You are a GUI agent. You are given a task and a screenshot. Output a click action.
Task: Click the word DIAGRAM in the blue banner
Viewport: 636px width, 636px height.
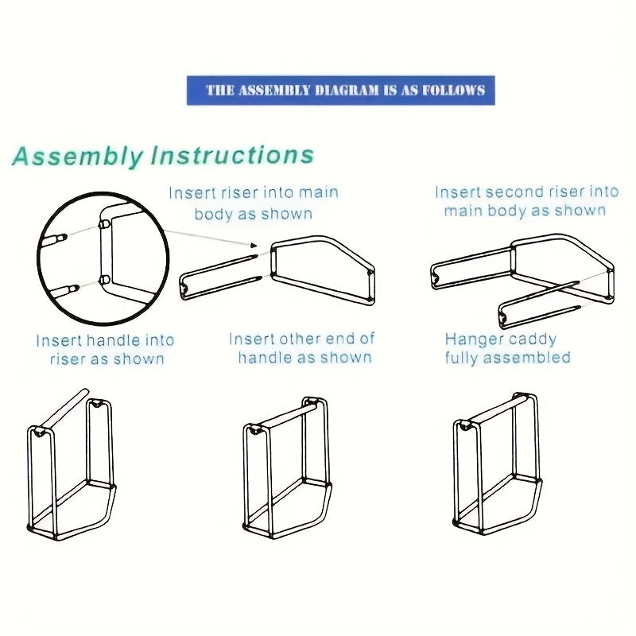click(339, 90)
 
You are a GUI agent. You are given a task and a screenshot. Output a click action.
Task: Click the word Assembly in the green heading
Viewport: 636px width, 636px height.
click(78, 156)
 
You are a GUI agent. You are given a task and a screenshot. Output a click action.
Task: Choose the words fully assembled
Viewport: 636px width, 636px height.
click(507, 358)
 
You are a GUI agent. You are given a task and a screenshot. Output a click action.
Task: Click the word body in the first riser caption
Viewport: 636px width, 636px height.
click(212, 214)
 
